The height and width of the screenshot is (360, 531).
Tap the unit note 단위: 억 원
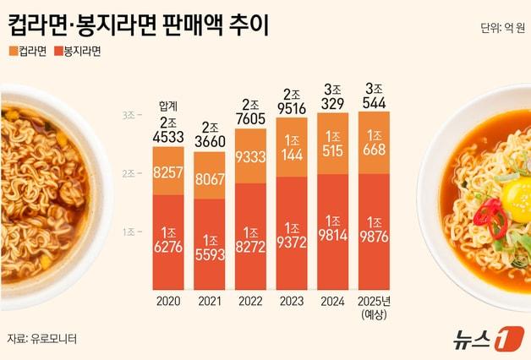coord(502,29)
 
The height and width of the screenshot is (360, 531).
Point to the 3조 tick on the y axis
coord(129,114)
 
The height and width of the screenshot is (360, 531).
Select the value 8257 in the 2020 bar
coord(167,172)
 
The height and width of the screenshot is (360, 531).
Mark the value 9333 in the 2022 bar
coord(250,159)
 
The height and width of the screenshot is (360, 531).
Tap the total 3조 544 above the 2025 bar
coord(374,97)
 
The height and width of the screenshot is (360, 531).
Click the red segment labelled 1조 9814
coord(333,232)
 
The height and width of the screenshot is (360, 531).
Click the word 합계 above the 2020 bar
coord(167,105)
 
